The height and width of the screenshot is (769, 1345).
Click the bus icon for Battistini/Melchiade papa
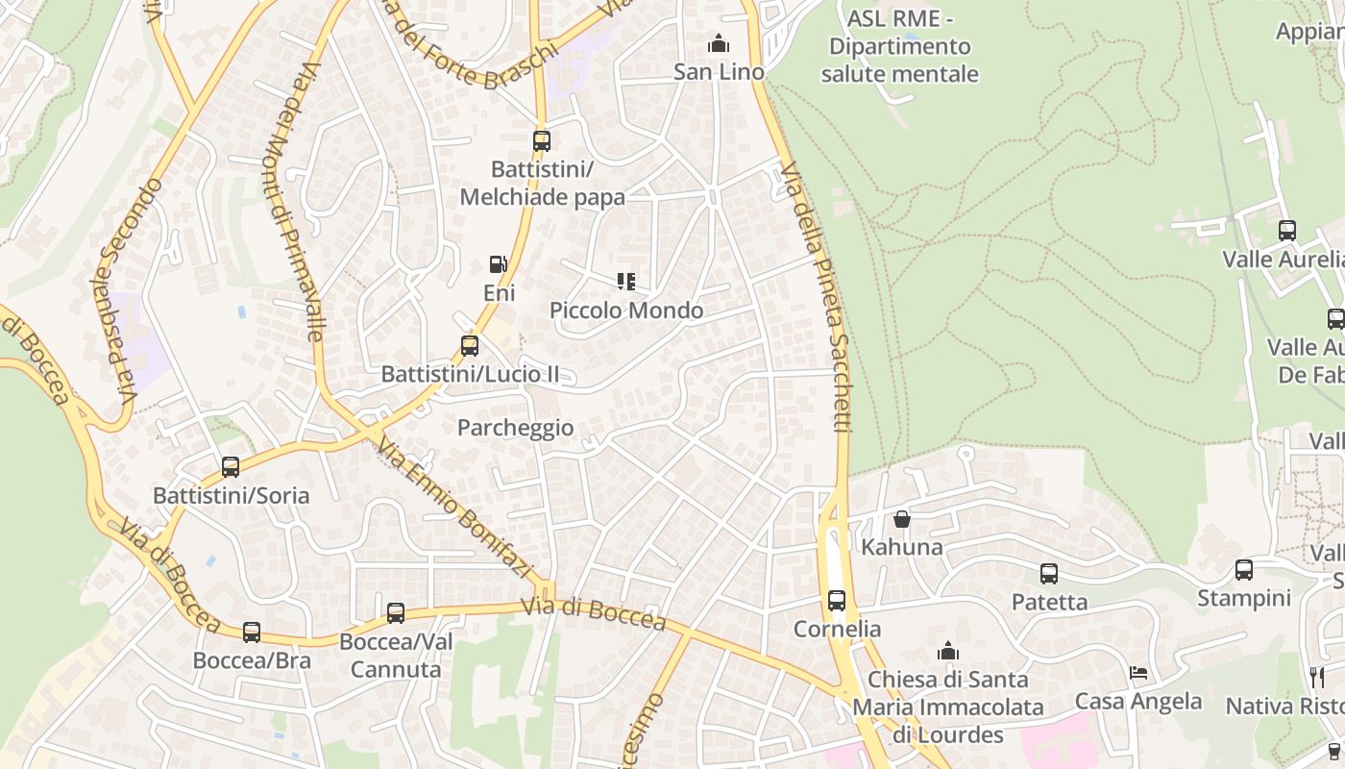tap(542, 141)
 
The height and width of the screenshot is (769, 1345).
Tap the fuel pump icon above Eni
tap(499, 264)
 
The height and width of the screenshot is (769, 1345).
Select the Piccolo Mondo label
tap(626, 310)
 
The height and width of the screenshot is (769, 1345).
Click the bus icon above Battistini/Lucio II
tap(470, 346)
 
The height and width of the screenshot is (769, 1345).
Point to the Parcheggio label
tap(516, 428)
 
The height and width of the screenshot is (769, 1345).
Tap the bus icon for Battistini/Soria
tap(231, 467)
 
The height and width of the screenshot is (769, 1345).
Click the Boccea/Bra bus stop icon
tap(252, 633)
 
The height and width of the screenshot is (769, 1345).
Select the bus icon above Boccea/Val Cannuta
tap(396, 613)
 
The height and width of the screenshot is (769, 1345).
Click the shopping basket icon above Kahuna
tap(902, 519)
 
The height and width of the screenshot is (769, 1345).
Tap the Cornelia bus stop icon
tap(837, 601)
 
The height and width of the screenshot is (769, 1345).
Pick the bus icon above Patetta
tap(1049, 574)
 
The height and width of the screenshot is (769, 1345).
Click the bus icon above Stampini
tap(1244, 570)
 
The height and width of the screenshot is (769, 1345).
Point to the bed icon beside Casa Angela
tap(1138, 673)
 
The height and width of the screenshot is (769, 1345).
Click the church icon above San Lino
tap(718, 43)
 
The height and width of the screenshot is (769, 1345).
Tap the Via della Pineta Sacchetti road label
tap(818, 298)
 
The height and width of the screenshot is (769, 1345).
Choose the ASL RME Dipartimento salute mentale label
tap(900, 46)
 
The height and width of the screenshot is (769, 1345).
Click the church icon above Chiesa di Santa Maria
tap(948, 651)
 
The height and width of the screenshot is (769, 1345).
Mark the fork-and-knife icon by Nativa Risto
tap(1316, 678)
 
